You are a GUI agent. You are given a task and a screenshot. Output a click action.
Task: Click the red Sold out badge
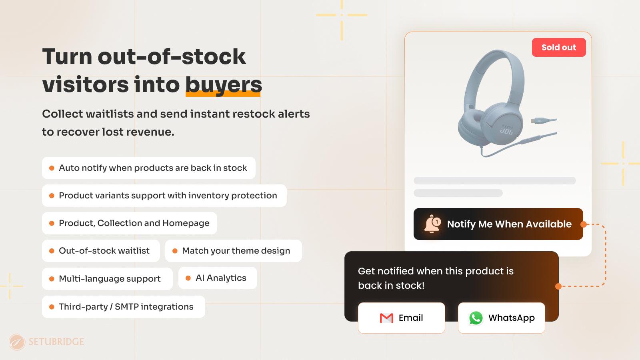pyautogui.click(x=558, y=47)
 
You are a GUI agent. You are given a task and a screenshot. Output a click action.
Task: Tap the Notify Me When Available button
pyautogui.click(x=498, y=224)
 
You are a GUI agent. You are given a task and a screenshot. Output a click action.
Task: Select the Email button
pyautogui.click(x=401, y=318)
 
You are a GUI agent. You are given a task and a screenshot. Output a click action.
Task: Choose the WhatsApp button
pyautogui.click(x=501, y=318)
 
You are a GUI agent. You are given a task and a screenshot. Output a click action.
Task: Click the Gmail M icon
pyautogui.click(x=386, y=318)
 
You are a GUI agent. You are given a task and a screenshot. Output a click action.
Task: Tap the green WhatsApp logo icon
pyautogui.click(x=476, y=318)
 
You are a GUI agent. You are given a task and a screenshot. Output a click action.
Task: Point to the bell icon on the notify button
pyautogui.click(x=432, y=224)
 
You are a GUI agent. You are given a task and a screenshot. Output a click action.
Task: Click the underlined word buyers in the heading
pyautogui.click(x=223, y=84)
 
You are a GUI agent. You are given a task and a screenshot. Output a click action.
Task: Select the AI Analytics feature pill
pyautogui.click(x=218, y=278)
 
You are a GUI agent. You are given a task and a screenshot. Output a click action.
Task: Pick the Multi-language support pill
pyautogui.click(x=107, y=279)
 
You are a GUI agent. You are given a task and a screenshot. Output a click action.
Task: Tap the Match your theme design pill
pyautogui.click(x=233, y=251)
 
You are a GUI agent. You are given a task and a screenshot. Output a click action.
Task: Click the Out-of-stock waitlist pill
pyautogui.click(x=101, y=251)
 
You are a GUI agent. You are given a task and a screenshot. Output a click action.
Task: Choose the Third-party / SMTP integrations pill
pyautogui.click(x=123, y=307)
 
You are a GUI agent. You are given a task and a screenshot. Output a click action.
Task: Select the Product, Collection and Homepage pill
pyautogui.click(x=129, y=223)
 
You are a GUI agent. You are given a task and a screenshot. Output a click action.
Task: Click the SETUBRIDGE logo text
pyautogui.click(x=56, y=342)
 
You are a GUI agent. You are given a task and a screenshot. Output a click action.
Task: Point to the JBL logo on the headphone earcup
pyautogui.click(x=506, y=129)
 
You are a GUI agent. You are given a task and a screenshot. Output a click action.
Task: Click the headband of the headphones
pyautogui.click(x=496, y=58)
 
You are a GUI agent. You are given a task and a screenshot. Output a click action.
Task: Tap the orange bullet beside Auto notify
pyautogui.click(x=52, y=168)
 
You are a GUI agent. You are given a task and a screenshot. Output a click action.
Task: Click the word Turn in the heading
pyautogui.click(x=67, y=56)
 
